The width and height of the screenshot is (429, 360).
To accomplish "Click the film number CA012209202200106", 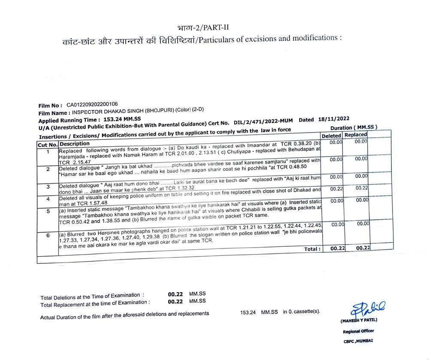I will [x=92, y=105].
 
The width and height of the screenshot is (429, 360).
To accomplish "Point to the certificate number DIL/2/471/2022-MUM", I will [x=264, y=122].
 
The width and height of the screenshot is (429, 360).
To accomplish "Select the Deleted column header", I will [x=331, y=136].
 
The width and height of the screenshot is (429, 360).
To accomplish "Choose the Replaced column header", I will [x=356, y=135].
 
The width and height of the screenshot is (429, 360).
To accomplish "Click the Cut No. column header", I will [x=47, y=145].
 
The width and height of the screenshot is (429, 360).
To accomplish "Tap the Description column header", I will [x=75, y=144].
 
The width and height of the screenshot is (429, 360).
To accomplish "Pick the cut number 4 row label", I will [x=48, y=199].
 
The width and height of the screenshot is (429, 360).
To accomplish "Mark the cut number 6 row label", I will [x=48, y=236].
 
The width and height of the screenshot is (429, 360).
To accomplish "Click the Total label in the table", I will [x=312, y=249].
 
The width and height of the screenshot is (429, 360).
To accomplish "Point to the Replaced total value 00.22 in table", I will [x=363, y=248].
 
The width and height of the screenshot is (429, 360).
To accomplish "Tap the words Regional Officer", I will [x=358, y=331].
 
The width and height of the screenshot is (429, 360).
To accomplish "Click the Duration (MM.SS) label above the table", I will [x=353, y=128].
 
